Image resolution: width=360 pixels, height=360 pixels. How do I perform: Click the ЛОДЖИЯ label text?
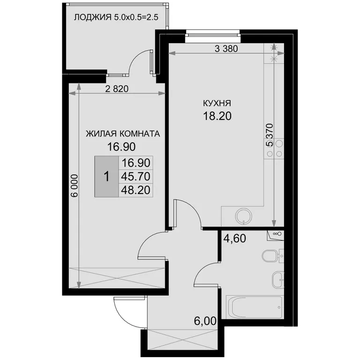click(92, 17)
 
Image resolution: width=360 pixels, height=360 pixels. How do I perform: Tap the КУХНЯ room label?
click(217, 103)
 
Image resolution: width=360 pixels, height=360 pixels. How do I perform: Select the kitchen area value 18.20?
click(217, 116)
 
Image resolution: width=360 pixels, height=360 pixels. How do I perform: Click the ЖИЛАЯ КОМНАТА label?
click(123, 134)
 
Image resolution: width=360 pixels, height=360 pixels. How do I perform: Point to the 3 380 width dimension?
click(226, 49)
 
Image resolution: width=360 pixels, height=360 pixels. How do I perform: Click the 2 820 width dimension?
click(117, 89)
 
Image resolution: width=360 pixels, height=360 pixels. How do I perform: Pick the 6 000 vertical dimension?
click(75, 186)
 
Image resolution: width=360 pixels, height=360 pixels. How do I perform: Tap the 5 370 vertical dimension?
click(270, 135)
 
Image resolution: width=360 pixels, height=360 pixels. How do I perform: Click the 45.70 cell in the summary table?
click(135, 177)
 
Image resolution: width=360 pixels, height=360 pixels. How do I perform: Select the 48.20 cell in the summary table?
click(135, 190)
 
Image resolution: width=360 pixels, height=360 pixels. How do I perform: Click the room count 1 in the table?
click(106, 177)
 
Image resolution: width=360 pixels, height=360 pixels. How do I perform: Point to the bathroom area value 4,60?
click(235, 238)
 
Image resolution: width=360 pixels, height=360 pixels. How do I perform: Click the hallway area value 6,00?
click(205, 321)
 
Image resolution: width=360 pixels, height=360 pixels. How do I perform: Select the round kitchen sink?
click(244, 216)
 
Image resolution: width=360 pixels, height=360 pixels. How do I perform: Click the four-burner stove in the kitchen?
click(275, 149)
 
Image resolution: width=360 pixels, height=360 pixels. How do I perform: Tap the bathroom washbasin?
click(278, 280)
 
